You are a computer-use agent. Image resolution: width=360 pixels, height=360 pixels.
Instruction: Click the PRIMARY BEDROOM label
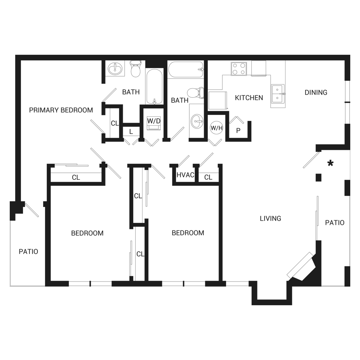click(x=61, y=110)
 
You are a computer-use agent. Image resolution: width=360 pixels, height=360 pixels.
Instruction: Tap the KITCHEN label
click(x=249, y=98)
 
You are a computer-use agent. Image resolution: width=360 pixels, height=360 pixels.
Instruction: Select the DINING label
click(x=316, y=93)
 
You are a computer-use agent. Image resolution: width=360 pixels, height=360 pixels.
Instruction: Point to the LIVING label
click(x=270, y=219)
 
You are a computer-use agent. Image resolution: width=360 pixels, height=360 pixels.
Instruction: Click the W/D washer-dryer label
click(x=154, y=121)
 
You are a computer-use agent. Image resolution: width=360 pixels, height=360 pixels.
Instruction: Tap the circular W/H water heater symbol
click(x=216, y=128)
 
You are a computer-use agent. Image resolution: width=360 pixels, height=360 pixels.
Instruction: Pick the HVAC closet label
click(x=185, y=175)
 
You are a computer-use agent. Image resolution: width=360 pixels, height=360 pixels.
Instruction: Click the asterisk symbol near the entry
click(x=330, y=163)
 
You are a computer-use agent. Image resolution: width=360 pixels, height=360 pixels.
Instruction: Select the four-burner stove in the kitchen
click(x=239, y=69)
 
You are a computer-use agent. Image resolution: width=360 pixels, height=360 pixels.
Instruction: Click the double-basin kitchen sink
click(x=278, y=94)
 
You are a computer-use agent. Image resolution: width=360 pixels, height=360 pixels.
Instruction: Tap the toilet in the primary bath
click(x=135, y=69)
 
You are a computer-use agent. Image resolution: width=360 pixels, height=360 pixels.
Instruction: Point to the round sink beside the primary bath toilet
click(x=115, y=69)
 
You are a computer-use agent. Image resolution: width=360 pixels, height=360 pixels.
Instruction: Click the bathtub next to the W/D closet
click(x=154, y=86)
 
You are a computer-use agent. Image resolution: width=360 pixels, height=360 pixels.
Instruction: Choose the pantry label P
click(x=238, y=131)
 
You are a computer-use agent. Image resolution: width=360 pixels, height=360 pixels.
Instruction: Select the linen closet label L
click(x=131, y=132)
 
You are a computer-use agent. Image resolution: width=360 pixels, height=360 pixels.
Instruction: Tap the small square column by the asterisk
click(x=319, y=177)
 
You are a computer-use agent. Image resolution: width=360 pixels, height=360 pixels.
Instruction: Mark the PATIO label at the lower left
click(x=28, y=252)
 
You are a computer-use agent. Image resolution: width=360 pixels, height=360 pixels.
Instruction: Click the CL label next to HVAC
click(x=208, y=177)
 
